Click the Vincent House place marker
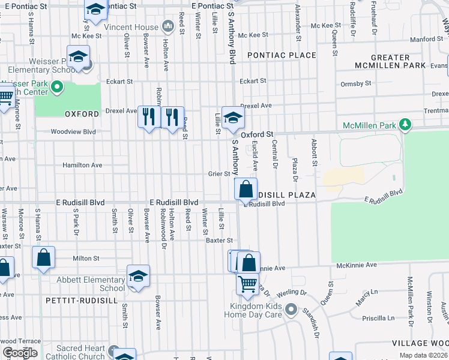168,26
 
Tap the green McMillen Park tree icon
406,125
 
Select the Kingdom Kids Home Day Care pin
291,310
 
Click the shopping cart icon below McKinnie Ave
247,284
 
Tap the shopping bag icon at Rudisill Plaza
246,189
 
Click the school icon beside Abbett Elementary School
138,276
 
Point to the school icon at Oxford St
233,116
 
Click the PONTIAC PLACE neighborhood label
281,55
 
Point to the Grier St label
219,174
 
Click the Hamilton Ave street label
82,165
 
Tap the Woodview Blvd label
73,131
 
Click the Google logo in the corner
20,353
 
